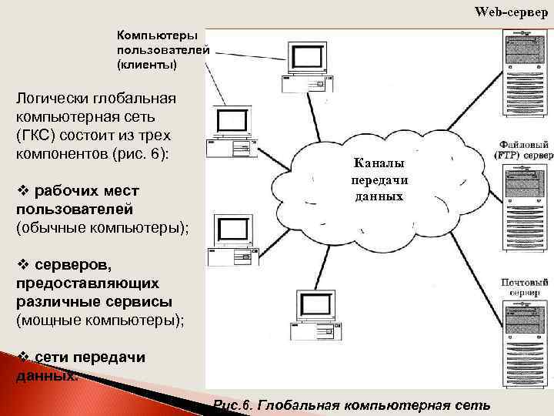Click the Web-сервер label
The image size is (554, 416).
pos(511,12)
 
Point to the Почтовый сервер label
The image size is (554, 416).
pos(525,288)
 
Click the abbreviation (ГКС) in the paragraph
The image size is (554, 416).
pos(36,134)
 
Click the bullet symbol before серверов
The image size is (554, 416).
pos(21,266)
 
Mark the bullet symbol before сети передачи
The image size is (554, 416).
pos(21,357)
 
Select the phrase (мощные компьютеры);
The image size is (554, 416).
pos(100,319)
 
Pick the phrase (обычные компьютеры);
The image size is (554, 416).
pos(102,227)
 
